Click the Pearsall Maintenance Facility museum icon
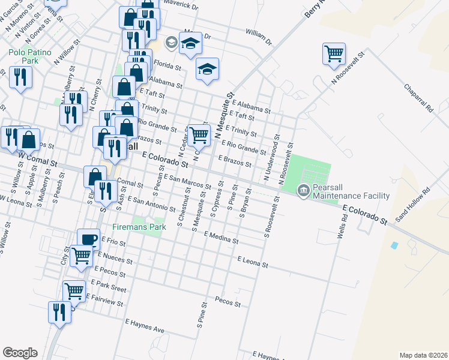point(304,191)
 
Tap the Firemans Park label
point(137,227)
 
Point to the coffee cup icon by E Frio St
point(88,239)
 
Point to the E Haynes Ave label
point(145,326)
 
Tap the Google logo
point(20,353)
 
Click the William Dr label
point(259,37)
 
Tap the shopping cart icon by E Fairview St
point(74,292)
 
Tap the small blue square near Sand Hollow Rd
point(394,245)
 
